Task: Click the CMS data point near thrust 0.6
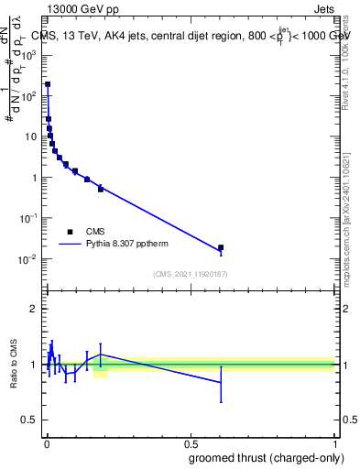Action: point(221,247)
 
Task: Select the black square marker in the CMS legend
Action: point(70,232)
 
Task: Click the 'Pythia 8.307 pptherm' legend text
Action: point(128,245)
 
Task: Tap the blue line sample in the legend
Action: point(70,245)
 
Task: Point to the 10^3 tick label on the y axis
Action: point(29,55)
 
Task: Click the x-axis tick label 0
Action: point(47,444)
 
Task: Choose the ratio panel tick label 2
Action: point(35,308)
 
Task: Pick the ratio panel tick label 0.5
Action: point(31,420)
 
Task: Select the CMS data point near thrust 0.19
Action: point(101,189)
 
